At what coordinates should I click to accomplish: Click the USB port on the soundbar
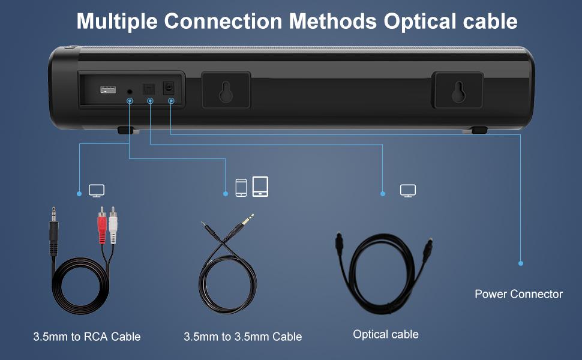[x=108, y=90]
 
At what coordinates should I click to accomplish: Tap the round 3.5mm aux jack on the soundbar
[x=130, y=91]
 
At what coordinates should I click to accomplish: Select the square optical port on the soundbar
[x=148, y=89]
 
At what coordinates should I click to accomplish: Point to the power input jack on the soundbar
[x=169, y=89]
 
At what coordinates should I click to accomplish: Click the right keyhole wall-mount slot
[x=458, y=91]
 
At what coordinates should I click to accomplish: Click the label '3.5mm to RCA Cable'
[x=86, y=337]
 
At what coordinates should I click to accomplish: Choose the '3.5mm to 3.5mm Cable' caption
[x=242, y=337]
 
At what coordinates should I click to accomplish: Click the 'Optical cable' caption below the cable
[x=386, y=334]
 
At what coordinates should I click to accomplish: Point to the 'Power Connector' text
[x=518, y=294]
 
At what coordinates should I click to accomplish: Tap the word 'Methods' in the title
[x=334, y=22]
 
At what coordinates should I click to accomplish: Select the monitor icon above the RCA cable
[x=97, y=190]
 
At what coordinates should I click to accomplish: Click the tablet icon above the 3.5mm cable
[x=260, y=186]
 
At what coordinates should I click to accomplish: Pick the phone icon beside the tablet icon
[x=241, y=187]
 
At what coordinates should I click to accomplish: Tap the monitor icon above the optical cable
[x=408, y=190]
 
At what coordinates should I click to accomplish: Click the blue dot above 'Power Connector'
[x=521, y=263]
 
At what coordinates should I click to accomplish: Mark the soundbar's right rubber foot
[x=479, y=130]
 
